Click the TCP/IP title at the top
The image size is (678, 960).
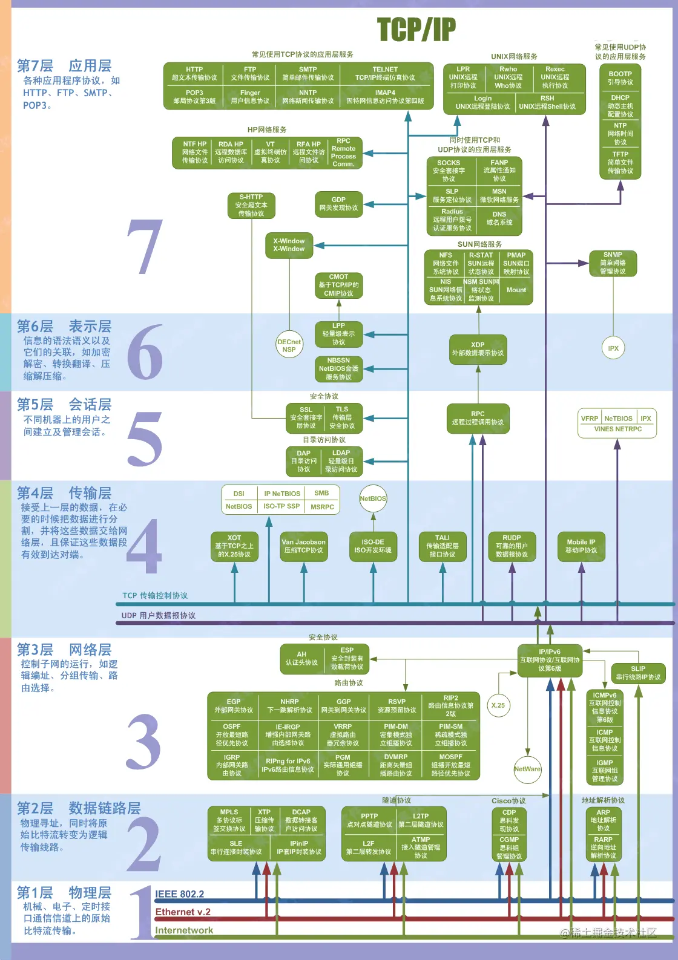coord(416,30)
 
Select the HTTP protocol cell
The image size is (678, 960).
coord(194,73)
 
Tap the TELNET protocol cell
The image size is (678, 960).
coord(385,73)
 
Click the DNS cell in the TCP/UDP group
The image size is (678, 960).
coord(499,218)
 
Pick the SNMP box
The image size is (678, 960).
coord(613,263)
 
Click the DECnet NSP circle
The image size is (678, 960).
coord(289,345)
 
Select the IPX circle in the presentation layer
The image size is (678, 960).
coord(613,348)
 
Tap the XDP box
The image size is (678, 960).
coord(478,349)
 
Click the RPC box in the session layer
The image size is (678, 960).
coord(478,418)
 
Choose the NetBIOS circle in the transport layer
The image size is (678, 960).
coord(373,498)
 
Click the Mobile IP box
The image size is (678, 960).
coord(581,546)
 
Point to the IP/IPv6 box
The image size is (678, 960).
coord(550,660)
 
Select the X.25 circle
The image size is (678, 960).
coord(498,705)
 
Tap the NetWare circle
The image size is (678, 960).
coord(527,769)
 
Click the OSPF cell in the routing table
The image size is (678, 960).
coord(232,734)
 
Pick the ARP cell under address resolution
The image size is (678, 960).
coord(603,820)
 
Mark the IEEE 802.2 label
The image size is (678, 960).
coord(179,894)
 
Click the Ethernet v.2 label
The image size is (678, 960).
coord(183,912)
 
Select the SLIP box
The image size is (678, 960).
coord(638,673)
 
